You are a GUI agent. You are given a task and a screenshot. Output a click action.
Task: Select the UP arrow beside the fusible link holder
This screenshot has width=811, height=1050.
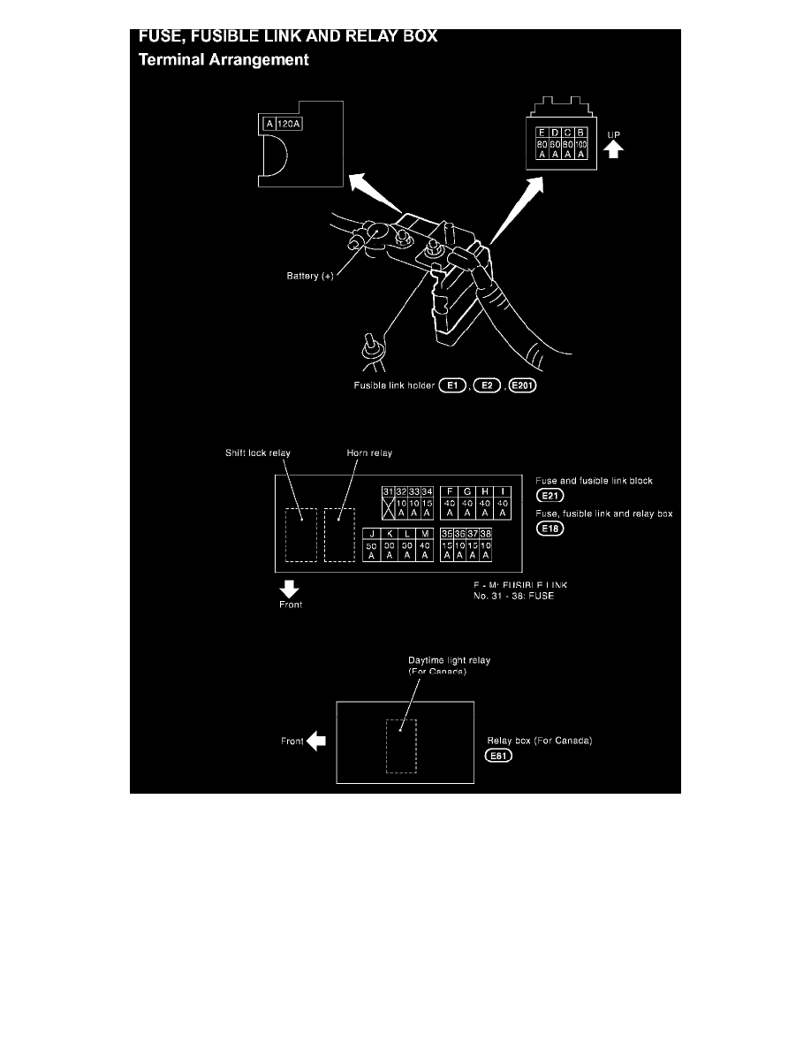pos(614,148)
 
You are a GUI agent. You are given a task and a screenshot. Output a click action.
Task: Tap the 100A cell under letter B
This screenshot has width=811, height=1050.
pos(580,148)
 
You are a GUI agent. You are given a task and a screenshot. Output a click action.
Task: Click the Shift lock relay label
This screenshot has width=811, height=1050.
pos(258,453)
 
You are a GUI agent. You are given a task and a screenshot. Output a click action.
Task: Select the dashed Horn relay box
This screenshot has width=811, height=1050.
pos(339,535)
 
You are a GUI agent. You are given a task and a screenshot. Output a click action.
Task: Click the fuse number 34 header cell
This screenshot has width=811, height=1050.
pos(428,491)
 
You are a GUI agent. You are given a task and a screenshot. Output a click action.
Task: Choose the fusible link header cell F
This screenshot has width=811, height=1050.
pos(450,491)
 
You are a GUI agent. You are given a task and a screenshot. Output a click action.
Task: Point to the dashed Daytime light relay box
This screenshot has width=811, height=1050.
pos(401,746)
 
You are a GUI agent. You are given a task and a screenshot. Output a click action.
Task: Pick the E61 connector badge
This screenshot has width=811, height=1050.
pos(499,756)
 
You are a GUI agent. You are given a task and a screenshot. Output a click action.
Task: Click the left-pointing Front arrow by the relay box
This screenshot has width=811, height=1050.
pos(315,742)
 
